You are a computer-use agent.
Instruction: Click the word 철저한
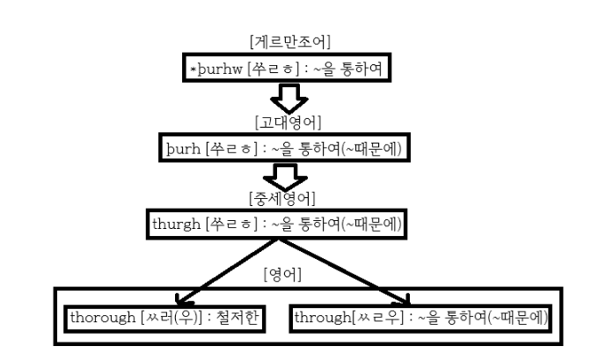click(x=237, y=316)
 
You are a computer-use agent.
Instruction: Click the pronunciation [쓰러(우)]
click(x=172, y=316)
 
